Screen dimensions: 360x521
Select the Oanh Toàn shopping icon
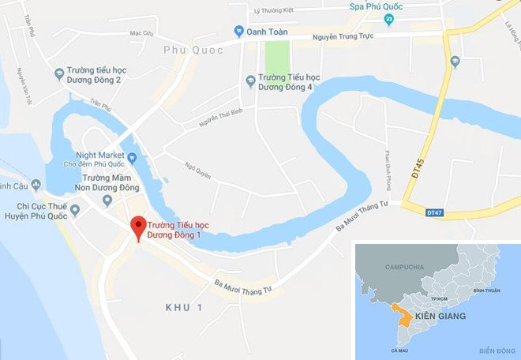(x=239, y=32)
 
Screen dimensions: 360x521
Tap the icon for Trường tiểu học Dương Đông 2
(x=59, y=74)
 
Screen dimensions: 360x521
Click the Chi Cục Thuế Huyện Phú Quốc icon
(x=75, y=210)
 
